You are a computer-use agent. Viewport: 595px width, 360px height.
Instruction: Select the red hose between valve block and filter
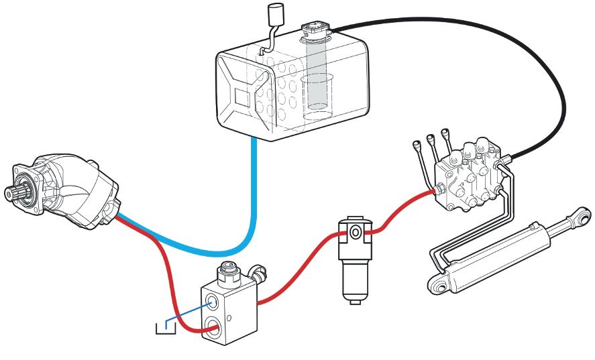click(295, 268)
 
